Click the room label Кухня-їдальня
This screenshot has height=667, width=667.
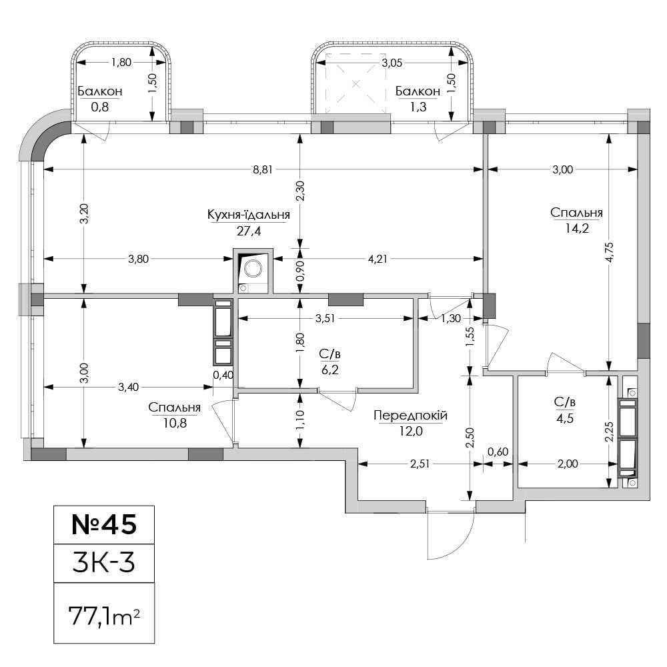tap(248, 215)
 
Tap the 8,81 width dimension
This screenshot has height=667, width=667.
tap(262, 169)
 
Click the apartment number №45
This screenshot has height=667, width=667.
tap(104, 524)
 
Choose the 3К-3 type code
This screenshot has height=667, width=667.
tap(104, 562)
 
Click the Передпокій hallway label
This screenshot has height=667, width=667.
tap(410, 415)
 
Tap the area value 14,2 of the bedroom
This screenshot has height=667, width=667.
tap(577, 228)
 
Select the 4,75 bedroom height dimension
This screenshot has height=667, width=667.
tap(610, 253)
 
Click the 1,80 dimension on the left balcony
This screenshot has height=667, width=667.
tap(121, 63)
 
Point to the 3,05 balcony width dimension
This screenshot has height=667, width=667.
tap(392, 63)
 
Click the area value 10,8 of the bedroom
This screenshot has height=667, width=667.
tap(175, 424)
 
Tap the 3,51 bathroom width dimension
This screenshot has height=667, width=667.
tap(325, 319)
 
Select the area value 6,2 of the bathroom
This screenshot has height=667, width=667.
tap(329, 370)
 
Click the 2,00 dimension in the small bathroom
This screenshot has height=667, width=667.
tap(568, 464)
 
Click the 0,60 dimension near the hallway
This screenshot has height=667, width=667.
tap(498, 452)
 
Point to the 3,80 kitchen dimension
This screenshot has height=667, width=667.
tap(139, 259)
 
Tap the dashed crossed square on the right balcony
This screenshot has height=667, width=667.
tap(356, 84)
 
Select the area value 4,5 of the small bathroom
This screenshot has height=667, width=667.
tap(565, 418)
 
